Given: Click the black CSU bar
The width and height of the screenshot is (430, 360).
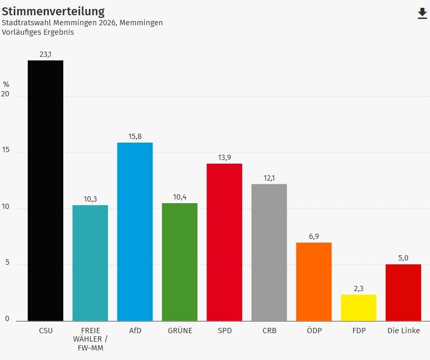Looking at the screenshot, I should pyautogui.click(x=45, y=191).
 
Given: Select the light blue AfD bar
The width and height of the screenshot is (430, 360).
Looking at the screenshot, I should pyautogui.click(x=135, y=232).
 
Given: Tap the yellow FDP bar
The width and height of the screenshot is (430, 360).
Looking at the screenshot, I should pyautogui.click(x=358, y=307).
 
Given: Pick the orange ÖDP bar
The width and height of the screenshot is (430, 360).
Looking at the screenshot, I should pyautogui.click(x=314, y=282).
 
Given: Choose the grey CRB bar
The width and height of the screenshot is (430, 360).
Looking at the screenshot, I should pyautogui.click(x=269, y=252).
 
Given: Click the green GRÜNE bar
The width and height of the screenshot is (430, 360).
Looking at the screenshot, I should pyautogui.click(x=179, y=262).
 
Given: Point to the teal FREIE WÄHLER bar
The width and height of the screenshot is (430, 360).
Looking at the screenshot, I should pyautogui.click(x=90, y=263).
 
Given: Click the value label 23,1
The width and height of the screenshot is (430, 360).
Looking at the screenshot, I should pyautogui.click(x=45, y=54).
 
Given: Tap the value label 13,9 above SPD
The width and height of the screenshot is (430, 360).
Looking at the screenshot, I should pyautogui.click(x=224, y=157).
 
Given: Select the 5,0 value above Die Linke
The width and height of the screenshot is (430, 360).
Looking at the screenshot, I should pyautogui.click(x=403, y=258).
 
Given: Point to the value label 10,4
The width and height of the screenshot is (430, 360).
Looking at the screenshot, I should pyautogui.click(x=179, y=197).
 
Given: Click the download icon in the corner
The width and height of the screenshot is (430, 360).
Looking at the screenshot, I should pyautogui.click(x=422, y=14).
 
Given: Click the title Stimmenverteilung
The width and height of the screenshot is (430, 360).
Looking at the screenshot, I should pyautogui.click(x=53, y=11).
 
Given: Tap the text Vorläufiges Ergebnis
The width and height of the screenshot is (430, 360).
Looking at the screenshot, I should pyautogui.click(x=38, y=32).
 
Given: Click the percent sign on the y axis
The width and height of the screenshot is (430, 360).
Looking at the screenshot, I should pyautogui.click(x=6, y=84).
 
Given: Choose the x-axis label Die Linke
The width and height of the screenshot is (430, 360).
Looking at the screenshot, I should pyautogui.click(x=403, y=331).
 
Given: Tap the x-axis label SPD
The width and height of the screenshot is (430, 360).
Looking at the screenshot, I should pyautogui.click(x=224, y=331).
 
